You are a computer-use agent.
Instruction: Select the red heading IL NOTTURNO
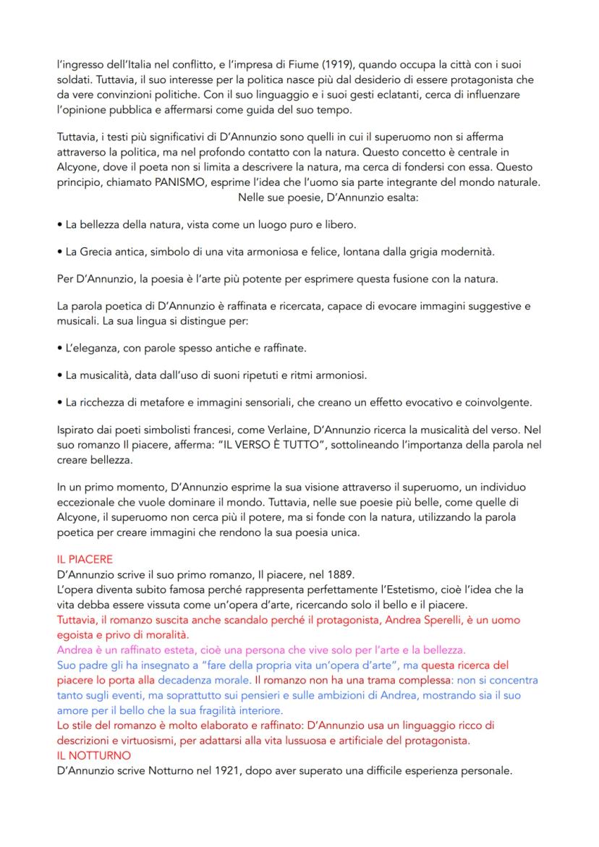[93, 756]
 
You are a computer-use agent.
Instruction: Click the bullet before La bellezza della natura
[59, 225]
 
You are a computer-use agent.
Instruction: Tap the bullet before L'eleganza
[59, 349]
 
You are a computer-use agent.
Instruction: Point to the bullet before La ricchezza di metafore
[59, 402]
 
